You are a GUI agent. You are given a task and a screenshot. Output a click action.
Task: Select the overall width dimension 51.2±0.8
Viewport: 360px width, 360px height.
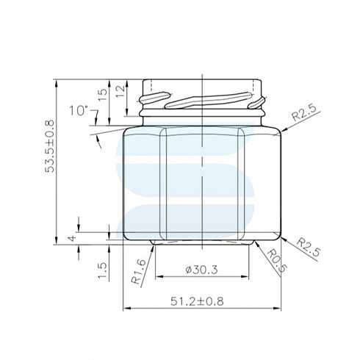click(x=197, y=301)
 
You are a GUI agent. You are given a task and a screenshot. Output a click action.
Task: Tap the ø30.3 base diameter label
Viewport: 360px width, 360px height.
click(x=201, y=270)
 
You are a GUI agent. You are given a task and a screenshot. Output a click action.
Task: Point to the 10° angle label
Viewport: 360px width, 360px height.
click(x=79, y=110)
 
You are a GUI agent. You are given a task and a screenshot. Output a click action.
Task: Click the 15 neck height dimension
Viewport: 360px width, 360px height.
click(x=103, y=95)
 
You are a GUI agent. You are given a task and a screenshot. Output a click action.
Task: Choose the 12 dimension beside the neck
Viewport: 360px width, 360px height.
click(x=120, y=92)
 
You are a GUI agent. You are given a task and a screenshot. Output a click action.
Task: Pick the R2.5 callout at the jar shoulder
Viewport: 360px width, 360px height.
click(x=303, y=112)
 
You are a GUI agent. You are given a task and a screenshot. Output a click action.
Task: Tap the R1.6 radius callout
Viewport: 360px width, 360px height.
click(x=139, y=272)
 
